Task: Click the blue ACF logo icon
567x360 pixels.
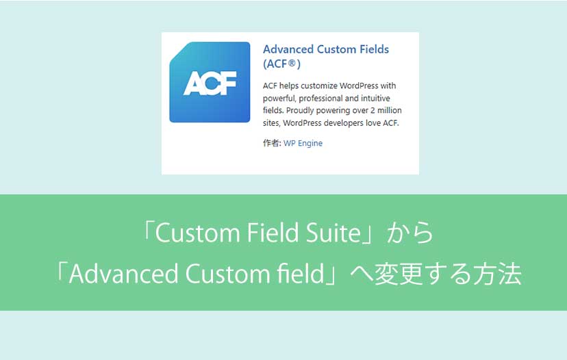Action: (210, 82)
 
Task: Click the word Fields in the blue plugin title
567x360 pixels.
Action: (375, 49)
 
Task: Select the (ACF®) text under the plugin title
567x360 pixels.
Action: (281, 64)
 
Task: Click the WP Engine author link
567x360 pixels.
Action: (303, 143)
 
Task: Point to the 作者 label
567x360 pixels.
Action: (271, 143)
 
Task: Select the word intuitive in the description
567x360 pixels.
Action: (375, 99)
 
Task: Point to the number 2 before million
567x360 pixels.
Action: (373, 110)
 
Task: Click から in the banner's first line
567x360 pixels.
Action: (410, 233)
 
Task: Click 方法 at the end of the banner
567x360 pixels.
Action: (498, 274)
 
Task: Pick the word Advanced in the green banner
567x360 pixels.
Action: (123, 273)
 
